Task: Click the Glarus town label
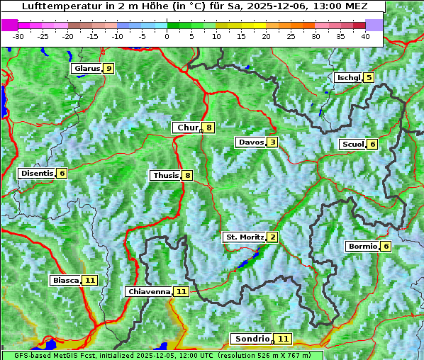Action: (x=86, y=69)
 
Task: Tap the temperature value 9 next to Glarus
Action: (x=108, y=69)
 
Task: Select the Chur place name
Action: (x=187, y=128)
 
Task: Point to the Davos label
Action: (x=250, y=142)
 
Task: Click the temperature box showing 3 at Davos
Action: (x=272, y=142)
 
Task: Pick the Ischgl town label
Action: (x=348, y=77)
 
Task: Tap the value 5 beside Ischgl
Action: (x=369, y=77)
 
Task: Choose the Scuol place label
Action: (x=352, y=144)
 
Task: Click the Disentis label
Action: (x=37, y=173)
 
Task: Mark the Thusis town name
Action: (x=165, y=175)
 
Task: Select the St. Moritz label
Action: (x=244, y=237)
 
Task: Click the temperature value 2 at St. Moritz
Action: (x=272, y=237)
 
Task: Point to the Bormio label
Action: (x=362, y=247)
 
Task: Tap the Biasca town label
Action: (x=65, y=280)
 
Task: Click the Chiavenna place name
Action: (x=149, y=291)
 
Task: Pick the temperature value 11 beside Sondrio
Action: (x=283, y=339)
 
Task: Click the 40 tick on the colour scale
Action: (x=365, y=36)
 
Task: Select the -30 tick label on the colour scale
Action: (x=18, y=36)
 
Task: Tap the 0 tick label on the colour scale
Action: (x=167, y=36)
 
